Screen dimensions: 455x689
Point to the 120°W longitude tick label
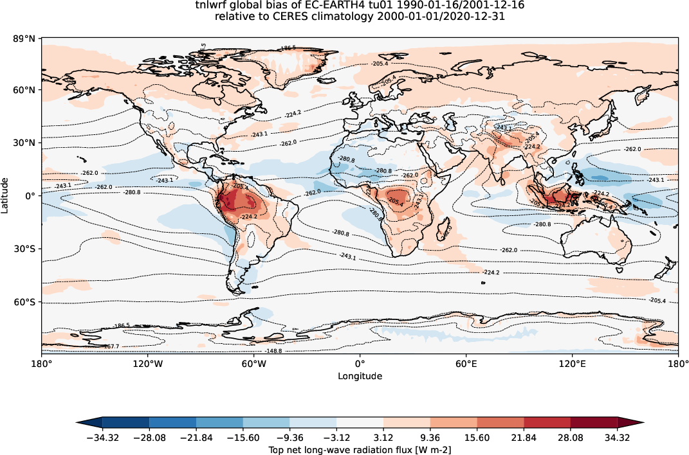[147, 364]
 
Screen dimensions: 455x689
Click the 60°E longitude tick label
[466, 364]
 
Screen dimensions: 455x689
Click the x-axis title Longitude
[360, 376]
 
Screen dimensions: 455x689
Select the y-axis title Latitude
[5, 195]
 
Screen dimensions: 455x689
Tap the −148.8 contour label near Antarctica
[273, 351]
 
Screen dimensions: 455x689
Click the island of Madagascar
[443, 229]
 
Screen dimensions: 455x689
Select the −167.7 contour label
[112, 346]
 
